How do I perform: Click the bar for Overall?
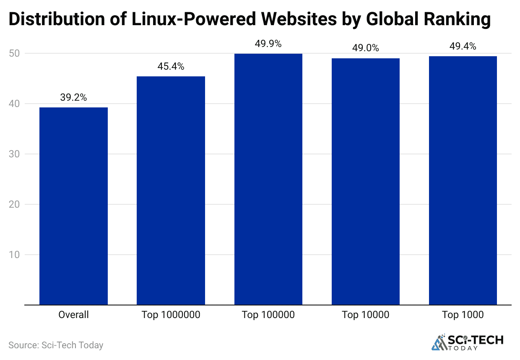pos(73,206)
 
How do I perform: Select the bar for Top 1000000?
pos(171,190)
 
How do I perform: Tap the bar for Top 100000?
pos(268,179)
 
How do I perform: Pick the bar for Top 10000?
pos(366,181)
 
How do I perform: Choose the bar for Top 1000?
pos(463,180)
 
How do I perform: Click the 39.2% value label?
pos(73,98)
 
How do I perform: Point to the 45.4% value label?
pos(171,67)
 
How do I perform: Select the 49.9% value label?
pos(268,44)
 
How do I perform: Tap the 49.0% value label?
pos(366,48)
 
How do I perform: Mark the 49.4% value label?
pos(463,47)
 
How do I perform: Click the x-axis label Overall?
pos(73,315)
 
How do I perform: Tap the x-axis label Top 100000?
pos(268,315)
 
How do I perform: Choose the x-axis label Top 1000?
pos(463,315)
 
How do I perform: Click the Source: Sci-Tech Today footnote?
pos(56,345)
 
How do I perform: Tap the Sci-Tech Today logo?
pos(467,342)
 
